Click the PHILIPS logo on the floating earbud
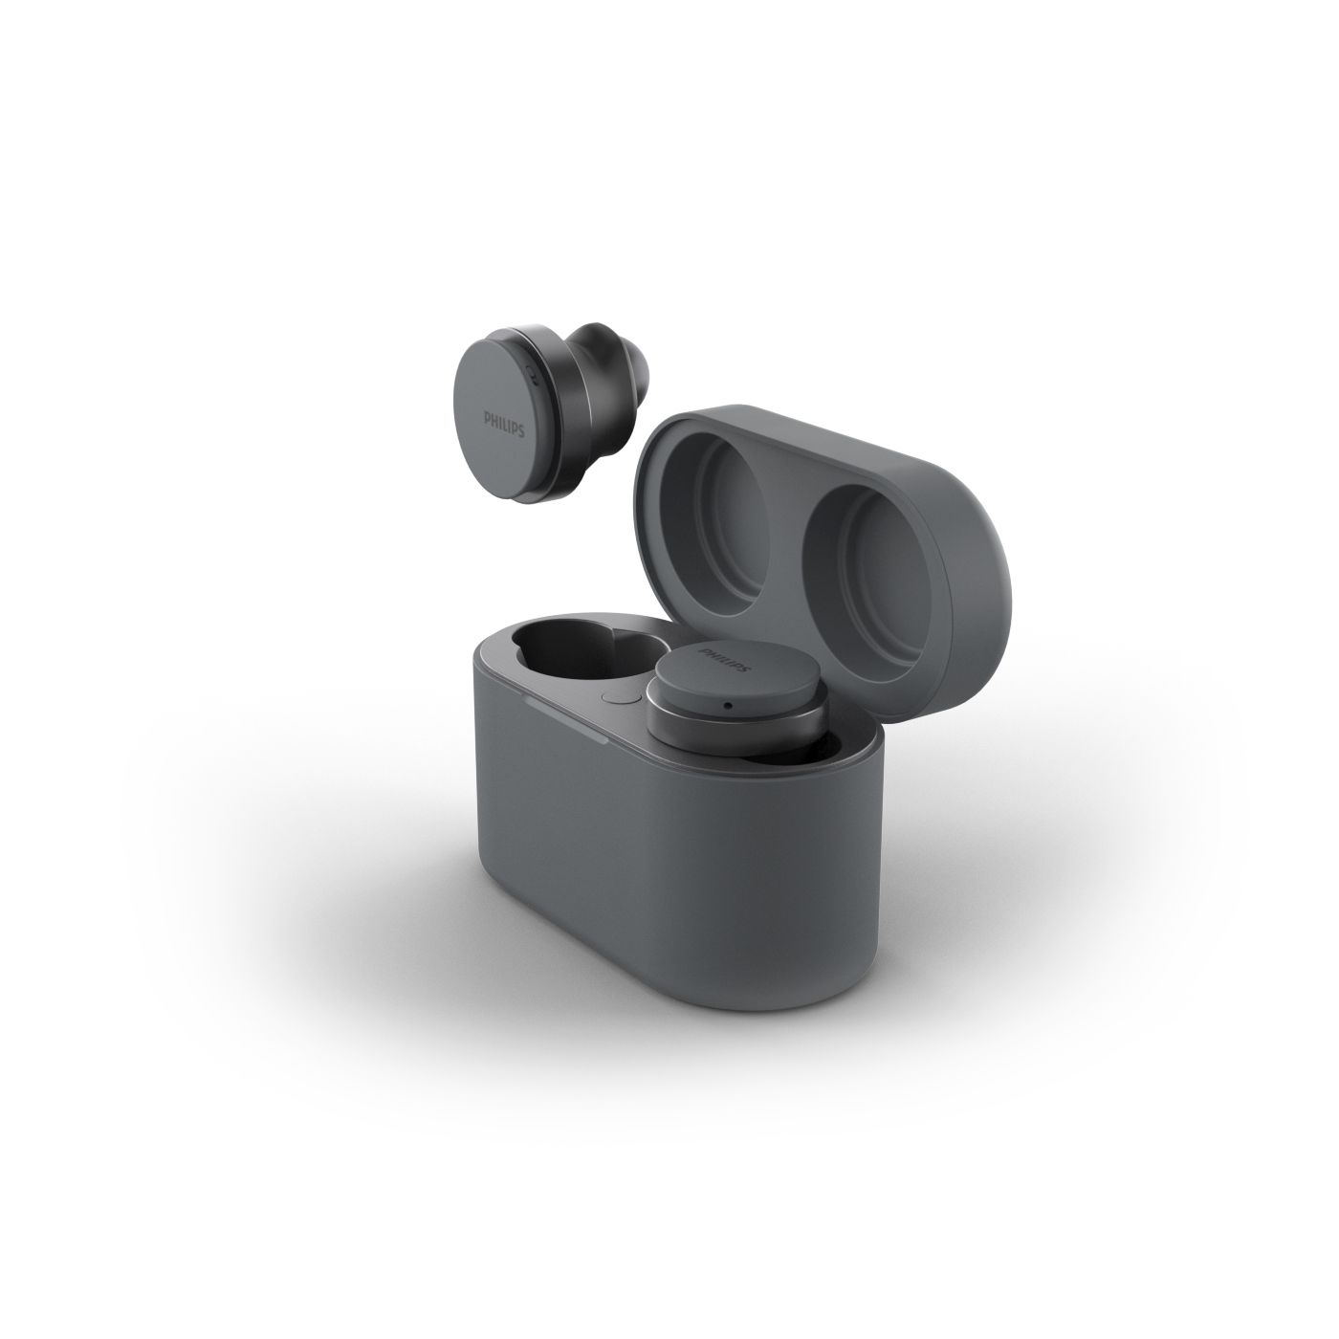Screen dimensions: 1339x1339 (504, 423)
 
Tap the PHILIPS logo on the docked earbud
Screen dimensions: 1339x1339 (725, 659)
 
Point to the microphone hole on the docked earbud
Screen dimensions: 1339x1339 (728, 705)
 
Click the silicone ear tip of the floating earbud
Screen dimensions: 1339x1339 (611, 374)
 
